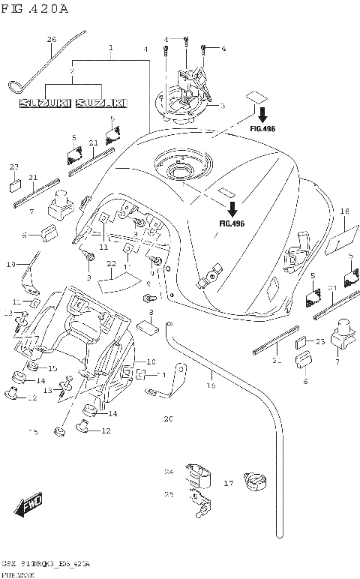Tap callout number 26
click(52, 39)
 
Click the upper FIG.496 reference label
click(262, 129)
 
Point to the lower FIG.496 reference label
click(232, 223)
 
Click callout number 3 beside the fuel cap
click(223, 106)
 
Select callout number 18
click(345, 211)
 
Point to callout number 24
click(169, 472)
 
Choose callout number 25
click(169, 494)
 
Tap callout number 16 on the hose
click(211, 385)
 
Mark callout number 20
click(169, 418)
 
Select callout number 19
click(11, 264)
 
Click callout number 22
click(110, 264)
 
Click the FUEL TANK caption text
click(16, 573)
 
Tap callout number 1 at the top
click(110, 47)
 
